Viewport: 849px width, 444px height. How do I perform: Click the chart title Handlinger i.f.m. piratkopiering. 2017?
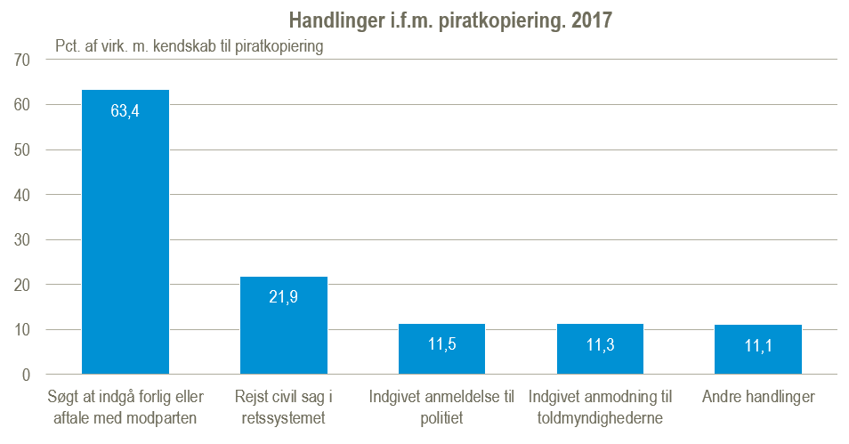451,20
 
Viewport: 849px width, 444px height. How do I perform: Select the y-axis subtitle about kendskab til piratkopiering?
189,46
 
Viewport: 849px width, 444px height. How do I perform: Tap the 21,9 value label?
284,297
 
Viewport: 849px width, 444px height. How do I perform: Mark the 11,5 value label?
441,344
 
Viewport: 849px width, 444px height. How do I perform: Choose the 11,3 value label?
600,345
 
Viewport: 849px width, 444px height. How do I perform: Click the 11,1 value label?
757,345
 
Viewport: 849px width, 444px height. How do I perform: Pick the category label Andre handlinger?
757,397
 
